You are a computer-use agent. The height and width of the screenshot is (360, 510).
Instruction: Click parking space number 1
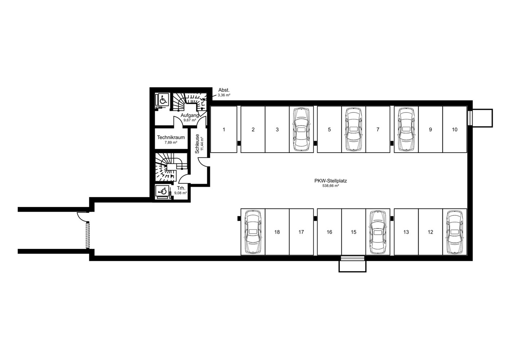pos(224,130)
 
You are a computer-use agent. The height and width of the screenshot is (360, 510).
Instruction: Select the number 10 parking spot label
pos(455,130)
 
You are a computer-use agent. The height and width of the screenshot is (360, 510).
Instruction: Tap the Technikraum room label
pos(171,137)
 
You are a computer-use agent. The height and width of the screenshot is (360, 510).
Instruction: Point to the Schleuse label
pos(197,144)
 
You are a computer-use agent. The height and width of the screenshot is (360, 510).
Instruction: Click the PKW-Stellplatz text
pos(331,181)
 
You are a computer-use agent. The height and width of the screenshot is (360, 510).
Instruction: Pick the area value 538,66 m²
pos(331,186)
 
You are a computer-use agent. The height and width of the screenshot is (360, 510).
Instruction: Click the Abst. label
pos(224,90)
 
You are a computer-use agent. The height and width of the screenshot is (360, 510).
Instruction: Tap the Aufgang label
pos(190,116)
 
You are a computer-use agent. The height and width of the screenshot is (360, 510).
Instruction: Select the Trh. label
pos(181,188)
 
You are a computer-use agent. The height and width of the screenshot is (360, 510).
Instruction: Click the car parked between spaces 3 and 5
pos(301,129)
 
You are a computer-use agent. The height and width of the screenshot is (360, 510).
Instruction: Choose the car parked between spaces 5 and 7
pos(353,129)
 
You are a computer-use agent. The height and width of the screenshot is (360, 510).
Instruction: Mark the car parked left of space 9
pos(406,129)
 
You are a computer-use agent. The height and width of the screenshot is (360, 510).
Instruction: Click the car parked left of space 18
pos(253,232)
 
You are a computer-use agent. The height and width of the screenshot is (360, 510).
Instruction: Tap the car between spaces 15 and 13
pos(378,232)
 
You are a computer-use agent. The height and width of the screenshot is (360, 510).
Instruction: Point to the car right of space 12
pos(455,232)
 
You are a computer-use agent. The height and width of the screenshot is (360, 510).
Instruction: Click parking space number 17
pos(301,232)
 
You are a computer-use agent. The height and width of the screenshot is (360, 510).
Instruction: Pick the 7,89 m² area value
pos(171,143)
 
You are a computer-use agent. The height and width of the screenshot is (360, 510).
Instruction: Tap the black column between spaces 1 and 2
pos(239,143)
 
